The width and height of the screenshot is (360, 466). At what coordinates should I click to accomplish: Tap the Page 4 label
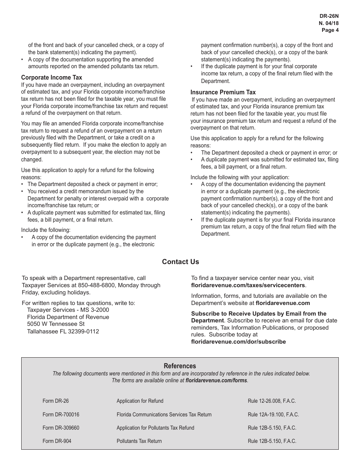click(330, 30)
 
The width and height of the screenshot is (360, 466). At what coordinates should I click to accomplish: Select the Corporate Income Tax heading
click(52, 78)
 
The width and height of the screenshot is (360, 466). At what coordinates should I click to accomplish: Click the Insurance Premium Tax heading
click(223, 92)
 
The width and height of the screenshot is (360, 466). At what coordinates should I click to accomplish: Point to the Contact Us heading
click(180, 262)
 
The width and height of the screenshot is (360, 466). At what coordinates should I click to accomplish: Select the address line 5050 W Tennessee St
click(56, 324)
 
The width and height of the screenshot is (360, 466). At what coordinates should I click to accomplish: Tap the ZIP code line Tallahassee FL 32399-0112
click(63, 332)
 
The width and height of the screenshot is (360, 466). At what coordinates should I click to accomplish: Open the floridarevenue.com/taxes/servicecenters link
click(248, 285)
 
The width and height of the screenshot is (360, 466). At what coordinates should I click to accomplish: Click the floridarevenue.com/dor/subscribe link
click(238, 342)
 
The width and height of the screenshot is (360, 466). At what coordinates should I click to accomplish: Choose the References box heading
click(180, 366)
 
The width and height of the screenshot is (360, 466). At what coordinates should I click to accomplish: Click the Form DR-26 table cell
click(56, 401)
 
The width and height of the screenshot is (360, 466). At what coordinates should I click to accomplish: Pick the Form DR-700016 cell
click(61, 414)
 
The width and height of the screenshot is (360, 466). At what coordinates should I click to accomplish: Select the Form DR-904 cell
click(57, 441)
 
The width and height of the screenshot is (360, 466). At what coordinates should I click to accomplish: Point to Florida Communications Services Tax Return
click(164, 414)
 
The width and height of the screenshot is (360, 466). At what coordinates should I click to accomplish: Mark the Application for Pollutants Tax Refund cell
click(155, 428)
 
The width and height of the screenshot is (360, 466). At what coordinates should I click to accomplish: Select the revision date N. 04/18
click(329, 23)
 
